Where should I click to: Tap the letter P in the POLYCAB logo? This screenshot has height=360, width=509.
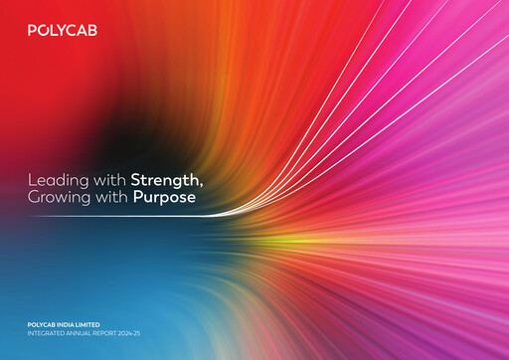tap(33, 32)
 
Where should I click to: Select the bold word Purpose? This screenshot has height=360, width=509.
tap(165, 198)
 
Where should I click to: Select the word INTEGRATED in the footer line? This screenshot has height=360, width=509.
tap(47, 334)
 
